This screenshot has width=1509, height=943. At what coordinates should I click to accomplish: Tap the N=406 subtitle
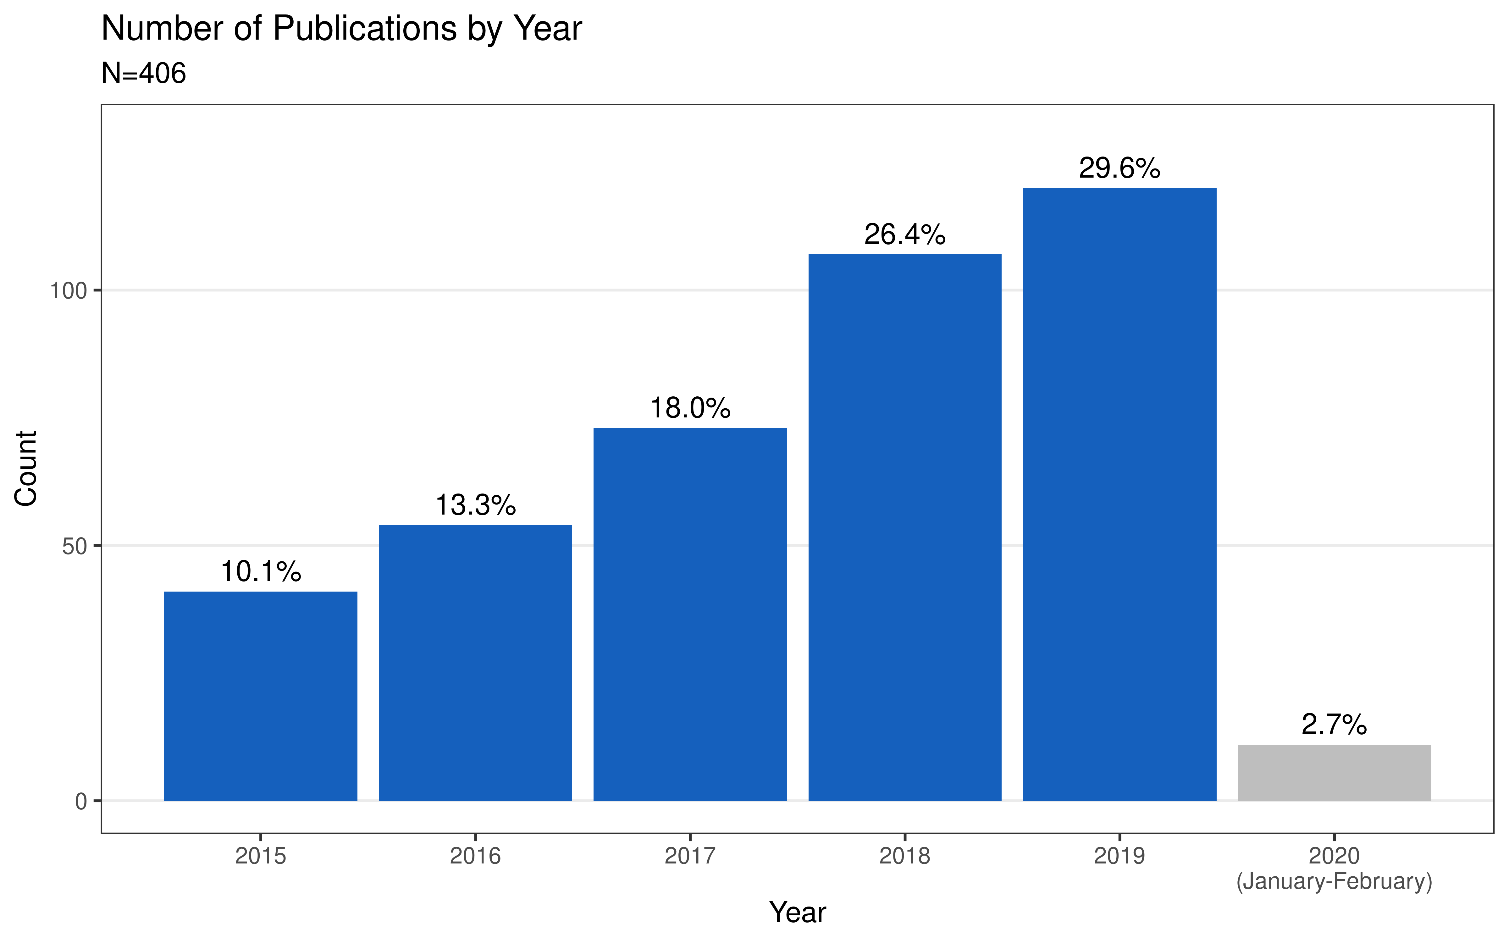pos(143,74)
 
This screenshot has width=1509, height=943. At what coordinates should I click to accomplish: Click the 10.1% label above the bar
pos(261,571)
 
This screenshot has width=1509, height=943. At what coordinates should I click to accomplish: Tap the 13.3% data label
pos(475,505)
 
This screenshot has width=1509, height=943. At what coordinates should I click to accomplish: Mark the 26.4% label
pos(905,234)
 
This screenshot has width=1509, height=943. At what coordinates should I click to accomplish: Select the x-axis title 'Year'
pos(798,913)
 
